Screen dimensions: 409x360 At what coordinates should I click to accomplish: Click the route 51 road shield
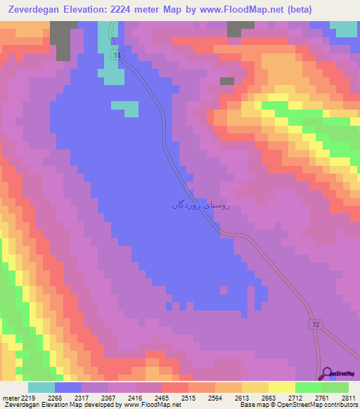point(117,55)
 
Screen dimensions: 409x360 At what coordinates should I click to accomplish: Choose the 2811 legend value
point(348,398)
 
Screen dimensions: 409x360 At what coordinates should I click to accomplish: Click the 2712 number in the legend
point(295,398)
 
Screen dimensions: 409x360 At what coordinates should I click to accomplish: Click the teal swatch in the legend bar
point(41,387)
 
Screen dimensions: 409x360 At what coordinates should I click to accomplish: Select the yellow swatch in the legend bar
point(281,387)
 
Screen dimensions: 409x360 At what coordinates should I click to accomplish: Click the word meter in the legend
point(11,398)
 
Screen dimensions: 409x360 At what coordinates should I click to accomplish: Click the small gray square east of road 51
point(226,81)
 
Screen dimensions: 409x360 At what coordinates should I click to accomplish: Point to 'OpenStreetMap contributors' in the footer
point(319,405)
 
